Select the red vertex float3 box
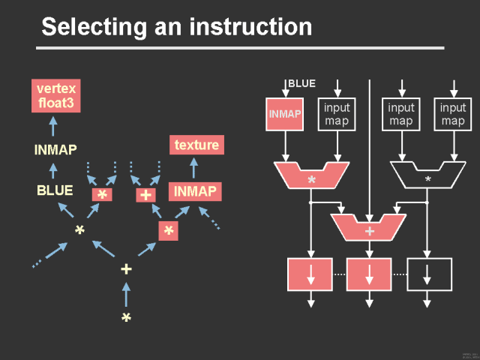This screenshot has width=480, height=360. (55, 95)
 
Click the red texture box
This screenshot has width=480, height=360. (196, 145)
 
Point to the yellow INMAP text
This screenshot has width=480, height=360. (55, 149)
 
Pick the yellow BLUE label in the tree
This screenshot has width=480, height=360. (55, 190)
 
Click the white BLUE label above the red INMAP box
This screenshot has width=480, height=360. (301, 83)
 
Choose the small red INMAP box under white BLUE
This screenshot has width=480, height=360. (285, 114)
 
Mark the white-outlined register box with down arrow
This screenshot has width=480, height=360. (428, 274)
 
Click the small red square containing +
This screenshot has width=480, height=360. (145, 195)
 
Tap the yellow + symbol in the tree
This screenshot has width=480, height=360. (126, 269)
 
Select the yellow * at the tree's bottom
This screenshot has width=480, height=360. (126, 319)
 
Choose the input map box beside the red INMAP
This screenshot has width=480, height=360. (337, 114)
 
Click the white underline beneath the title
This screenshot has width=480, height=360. (240, 48)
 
